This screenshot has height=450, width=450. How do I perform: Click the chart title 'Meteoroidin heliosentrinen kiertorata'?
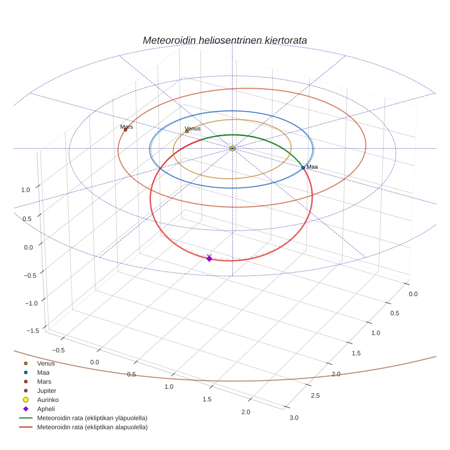click(x=225, y=40)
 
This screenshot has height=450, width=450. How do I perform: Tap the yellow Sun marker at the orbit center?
click(x=232, y=148)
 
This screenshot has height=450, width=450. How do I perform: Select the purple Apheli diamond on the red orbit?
click(x=209, y=258)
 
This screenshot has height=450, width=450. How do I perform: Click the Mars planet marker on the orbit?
click(x=125, y=130)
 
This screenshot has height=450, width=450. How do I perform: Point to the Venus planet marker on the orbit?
click(x=187, y=131)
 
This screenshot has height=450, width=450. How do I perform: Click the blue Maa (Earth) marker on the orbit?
click(x=303, y=168)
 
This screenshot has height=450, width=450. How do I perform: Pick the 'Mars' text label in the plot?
click(x=126, y=127)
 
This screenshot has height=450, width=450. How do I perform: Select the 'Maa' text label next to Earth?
click(x=312, y=167)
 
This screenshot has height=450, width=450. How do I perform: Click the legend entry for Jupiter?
click(x=46, y=391)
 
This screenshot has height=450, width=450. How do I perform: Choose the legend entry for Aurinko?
click(x=48, y=400)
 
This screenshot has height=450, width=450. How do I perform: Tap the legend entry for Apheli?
click(x=46, y=409)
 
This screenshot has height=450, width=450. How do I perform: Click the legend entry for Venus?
click(x=46, y=364)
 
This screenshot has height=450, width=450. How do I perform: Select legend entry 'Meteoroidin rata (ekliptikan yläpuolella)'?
click(x=92, y=418)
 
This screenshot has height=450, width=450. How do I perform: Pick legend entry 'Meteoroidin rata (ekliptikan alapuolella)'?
click(x=92, y=427)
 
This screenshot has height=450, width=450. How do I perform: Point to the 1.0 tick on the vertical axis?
click(x=26, y=190)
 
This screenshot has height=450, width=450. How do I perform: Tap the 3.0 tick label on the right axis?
click(x=294, y=418)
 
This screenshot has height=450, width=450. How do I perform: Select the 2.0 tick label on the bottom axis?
click(x=246, y=412)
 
